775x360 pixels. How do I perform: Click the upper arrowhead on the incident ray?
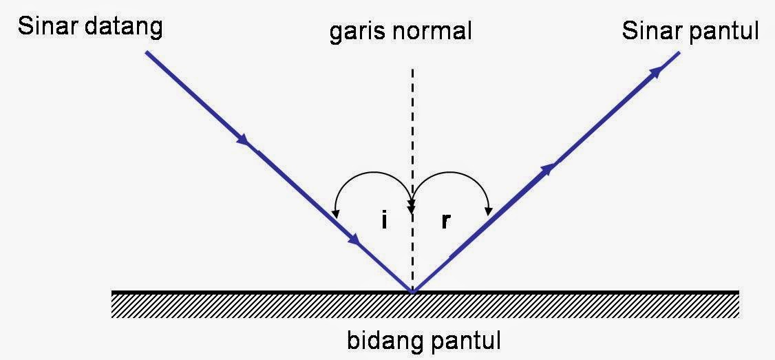(243, 140)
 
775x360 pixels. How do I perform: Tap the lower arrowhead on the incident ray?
(354, 240)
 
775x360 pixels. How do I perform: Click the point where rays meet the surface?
(412, 292)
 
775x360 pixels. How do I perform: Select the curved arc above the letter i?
(372, 178)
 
